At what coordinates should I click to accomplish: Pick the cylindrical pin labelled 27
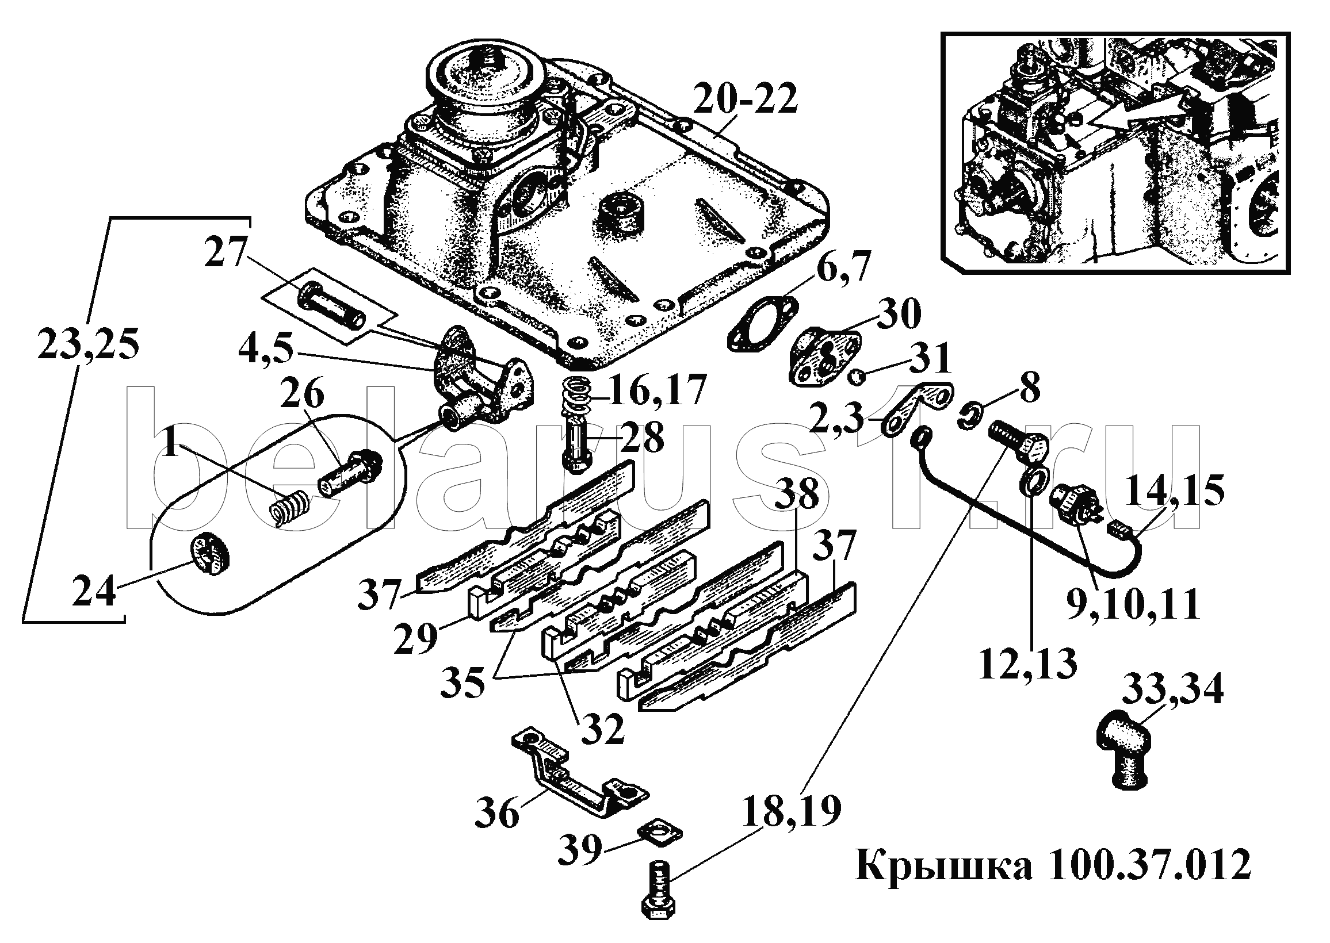tap(331, 302)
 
